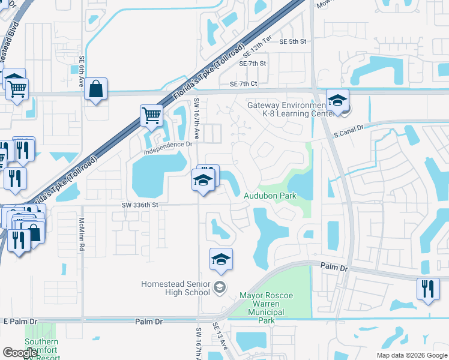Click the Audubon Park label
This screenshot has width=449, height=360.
click(x=270, y=196)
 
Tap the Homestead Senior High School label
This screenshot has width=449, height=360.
click(x=176, y=288)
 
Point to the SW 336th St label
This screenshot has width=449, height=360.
click(x=139, y=205)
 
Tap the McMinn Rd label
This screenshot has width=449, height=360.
click(x=82, y=233)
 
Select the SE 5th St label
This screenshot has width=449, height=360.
click(x=293, y=41)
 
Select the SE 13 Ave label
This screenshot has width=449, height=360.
click(x=220, y=336)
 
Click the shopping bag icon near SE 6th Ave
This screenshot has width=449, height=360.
click(x=95, y=89)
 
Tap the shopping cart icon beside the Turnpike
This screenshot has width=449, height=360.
click(x=151, y=115)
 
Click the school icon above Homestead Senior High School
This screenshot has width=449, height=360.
click(x=220, y=259)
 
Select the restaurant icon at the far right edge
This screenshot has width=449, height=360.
click(x=427, y=289)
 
